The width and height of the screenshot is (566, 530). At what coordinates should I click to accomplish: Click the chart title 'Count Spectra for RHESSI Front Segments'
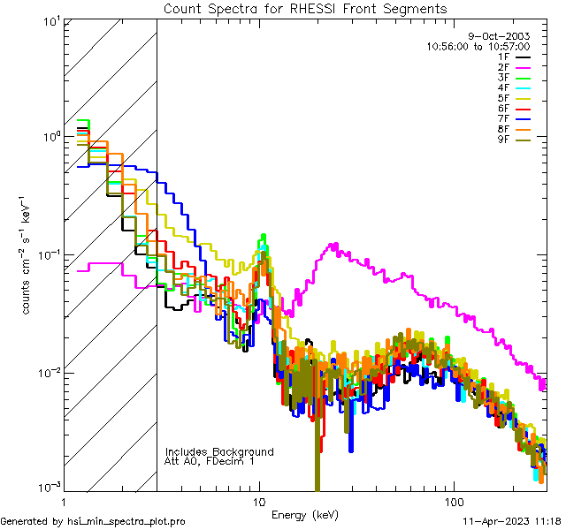305,9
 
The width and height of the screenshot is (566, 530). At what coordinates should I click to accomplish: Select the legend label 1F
504,57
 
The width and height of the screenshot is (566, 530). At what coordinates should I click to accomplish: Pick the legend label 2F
504,67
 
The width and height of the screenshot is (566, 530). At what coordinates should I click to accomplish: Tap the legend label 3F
504,78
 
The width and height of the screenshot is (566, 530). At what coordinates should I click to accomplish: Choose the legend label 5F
504,98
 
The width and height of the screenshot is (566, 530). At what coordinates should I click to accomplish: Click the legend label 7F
504,118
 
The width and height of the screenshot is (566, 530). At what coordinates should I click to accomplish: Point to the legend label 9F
504,139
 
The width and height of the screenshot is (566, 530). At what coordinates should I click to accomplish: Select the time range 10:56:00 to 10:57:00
478,46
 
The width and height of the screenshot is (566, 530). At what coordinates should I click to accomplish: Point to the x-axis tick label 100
453,500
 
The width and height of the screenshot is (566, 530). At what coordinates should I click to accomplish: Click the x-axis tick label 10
259,500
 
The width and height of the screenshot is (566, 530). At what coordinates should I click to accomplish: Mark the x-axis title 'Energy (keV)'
304,514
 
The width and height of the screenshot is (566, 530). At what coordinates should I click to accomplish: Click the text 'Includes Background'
219,451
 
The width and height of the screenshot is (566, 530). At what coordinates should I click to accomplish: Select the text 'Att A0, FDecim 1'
210,461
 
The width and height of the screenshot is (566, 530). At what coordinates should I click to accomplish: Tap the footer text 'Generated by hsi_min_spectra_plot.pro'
93,521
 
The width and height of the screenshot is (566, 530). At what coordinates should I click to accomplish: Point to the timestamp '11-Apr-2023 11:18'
509,521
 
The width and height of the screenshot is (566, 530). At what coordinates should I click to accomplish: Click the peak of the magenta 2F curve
334,244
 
